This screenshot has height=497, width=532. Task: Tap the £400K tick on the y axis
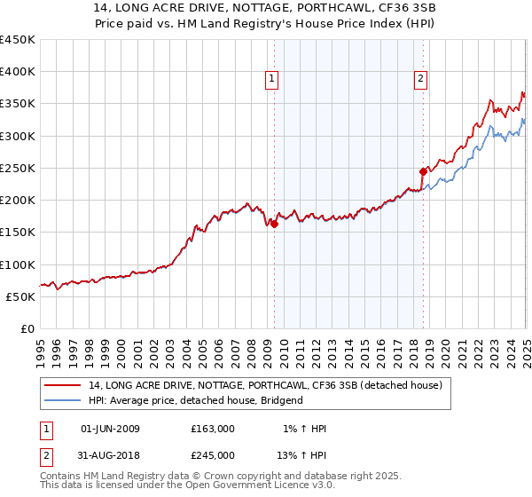[x=18, y=72]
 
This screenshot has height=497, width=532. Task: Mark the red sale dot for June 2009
[x=274, y=225]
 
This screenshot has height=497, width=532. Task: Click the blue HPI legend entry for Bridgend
[x=196, y=400]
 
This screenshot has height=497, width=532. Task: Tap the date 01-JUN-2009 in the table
[x=110, y=429]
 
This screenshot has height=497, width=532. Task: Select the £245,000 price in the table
[x=213, y=454]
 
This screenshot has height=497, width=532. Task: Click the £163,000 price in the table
[x=213, y=429]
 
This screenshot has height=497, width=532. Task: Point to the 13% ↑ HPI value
[x=301, y=454]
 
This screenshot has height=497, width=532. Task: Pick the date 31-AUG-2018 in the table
[x=110, y=454]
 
